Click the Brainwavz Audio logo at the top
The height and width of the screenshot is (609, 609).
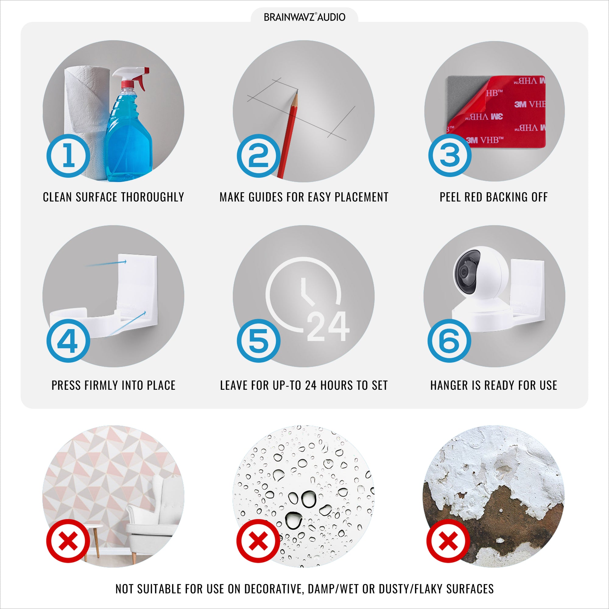(x=304, y=17)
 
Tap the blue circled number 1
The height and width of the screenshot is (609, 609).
(x=69, y=156)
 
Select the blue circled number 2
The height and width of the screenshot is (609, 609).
(x=259, y=156)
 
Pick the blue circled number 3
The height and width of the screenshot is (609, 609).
(x=450, y=155)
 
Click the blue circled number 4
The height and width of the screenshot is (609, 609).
(x=68, y=341)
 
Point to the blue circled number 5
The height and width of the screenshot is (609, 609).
(x=259, y=341)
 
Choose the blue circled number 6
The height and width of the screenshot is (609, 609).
(x=449, y=341)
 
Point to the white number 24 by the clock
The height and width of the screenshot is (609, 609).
(x=328, y=326)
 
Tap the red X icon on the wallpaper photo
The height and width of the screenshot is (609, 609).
(x=68, y=541)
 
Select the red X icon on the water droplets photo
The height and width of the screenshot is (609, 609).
(x=259, y=541)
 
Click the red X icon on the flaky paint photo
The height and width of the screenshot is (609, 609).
(x=448, y=541)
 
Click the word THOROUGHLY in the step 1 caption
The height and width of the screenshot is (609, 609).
(x=153, y=197)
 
